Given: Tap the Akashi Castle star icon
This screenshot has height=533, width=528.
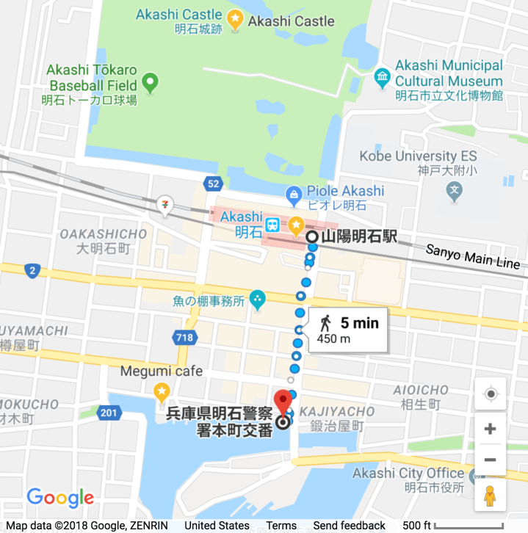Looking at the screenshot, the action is click(235, 21).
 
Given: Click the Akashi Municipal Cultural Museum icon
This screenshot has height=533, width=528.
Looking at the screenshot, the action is click(382, 76).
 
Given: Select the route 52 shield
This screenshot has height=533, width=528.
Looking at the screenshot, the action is click(214, 183).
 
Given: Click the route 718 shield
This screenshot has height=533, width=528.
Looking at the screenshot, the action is click(184, 338).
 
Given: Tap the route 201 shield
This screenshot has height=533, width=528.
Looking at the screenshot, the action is click(109, 413).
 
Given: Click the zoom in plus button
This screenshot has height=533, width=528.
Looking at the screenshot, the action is click(491, 429).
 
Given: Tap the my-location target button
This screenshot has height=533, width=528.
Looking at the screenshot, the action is click(491, 394).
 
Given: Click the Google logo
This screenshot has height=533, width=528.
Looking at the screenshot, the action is click(60, 498).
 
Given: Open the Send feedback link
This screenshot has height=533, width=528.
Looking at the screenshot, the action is click(349, 526).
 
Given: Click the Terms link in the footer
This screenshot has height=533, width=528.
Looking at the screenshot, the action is click(281, 526).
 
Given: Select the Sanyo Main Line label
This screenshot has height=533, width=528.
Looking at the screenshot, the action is click(473, 257).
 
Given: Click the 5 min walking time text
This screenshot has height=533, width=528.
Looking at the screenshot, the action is click(359, 322).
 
